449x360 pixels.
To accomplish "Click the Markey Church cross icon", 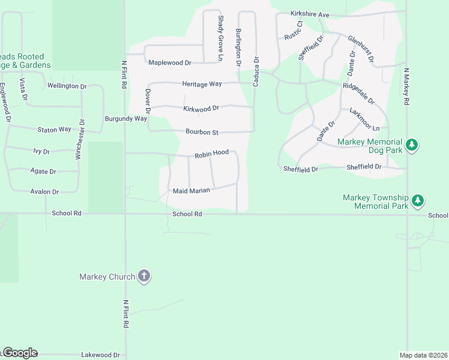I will (143, 276).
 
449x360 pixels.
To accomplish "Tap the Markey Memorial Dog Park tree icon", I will (412, 145).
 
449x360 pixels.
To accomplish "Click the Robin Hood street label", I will (211, 154).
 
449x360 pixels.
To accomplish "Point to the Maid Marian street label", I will (191, 191).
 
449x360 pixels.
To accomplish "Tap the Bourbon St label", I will (202, 132).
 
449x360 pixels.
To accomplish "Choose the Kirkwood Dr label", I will (201, 109).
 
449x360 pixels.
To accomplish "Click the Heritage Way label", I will (202, 85).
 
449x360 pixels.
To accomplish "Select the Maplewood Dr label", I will (169, 62).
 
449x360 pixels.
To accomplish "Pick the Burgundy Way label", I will (125, 119).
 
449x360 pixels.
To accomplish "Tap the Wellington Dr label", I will (67, 86).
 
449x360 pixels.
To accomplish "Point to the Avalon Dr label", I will (44, 192).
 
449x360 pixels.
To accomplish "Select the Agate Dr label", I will (43, 171).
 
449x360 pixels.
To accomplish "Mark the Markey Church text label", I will (107, 277).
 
